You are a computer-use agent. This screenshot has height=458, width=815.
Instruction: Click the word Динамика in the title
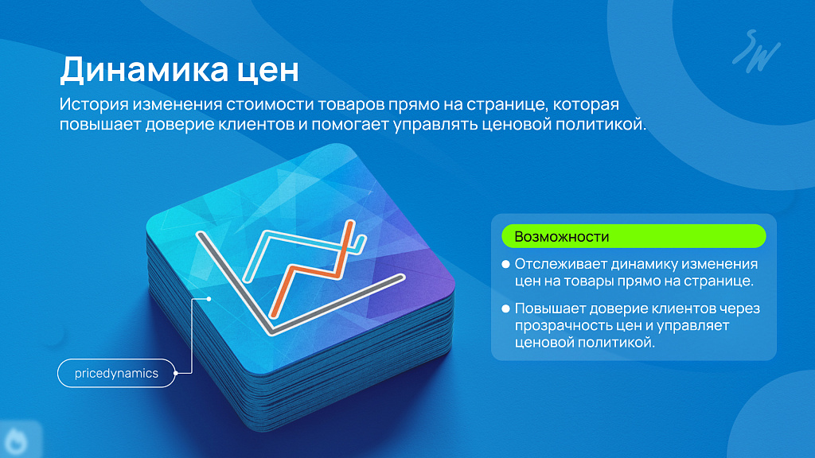(144, 70)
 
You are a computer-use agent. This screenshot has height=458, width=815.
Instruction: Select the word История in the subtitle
(94, 104)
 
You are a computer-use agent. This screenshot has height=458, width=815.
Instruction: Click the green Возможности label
(634, 236)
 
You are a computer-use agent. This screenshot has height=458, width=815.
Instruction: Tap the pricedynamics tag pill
(116, 374)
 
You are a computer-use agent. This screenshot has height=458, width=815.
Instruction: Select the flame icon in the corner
(18, 441)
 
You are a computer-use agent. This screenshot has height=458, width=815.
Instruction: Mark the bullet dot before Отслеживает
(505, 264)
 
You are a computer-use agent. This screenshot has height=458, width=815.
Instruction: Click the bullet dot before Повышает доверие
(505, 309)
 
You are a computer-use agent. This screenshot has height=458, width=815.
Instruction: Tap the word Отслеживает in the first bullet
(560, 264)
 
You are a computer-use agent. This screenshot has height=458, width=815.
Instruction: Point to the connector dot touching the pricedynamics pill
(176, 373)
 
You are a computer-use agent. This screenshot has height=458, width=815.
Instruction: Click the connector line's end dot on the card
(209, 299)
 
